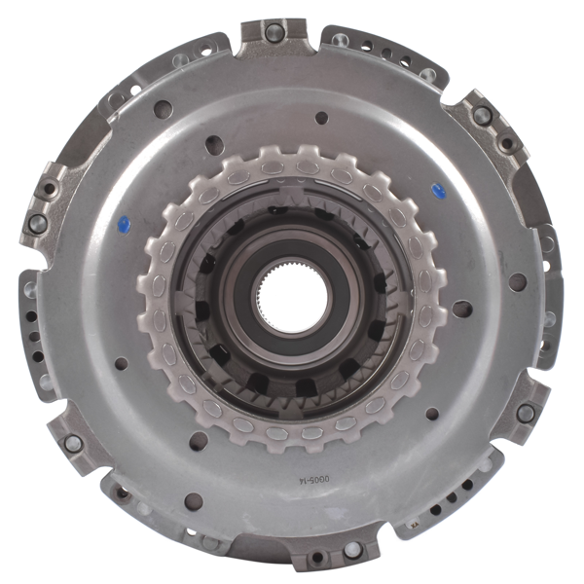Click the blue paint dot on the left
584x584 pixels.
125,225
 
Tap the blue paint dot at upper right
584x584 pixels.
438,191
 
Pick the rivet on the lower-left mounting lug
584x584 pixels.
72,443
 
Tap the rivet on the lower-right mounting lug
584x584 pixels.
526,413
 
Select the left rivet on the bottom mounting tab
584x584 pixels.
317,557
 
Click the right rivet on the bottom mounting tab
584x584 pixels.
352,550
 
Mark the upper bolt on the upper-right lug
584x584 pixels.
483,115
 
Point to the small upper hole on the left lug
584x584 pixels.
46,189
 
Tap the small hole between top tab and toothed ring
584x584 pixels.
321,118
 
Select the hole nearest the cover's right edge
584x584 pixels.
518,282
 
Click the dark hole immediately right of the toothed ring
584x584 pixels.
461,309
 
